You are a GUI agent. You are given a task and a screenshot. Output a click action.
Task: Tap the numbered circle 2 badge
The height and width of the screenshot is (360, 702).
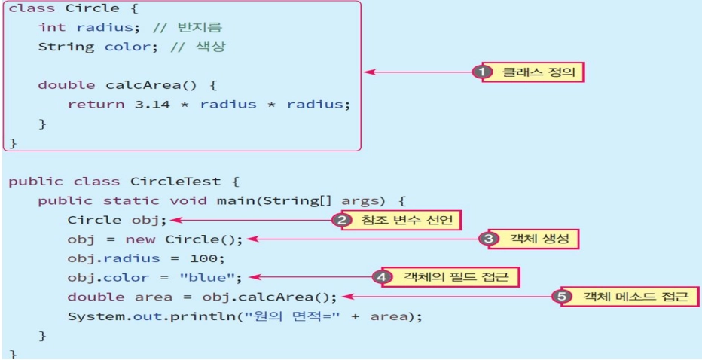pos(342,220)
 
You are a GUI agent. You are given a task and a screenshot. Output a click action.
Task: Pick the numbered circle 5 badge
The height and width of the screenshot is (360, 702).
pos(562,296)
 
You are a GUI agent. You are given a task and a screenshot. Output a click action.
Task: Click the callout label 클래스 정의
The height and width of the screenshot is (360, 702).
pos(537,72)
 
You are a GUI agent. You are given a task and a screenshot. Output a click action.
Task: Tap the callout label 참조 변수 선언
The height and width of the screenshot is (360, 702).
pos(404,220)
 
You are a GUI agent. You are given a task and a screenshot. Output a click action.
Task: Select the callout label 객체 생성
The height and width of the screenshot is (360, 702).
pos(537,239)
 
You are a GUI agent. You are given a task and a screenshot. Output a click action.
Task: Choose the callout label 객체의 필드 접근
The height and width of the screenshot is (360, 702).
pos(453,277)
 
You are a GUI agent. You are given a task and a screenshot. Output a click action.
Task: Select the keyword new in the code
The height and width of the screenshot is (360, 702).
pos(138,239)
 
